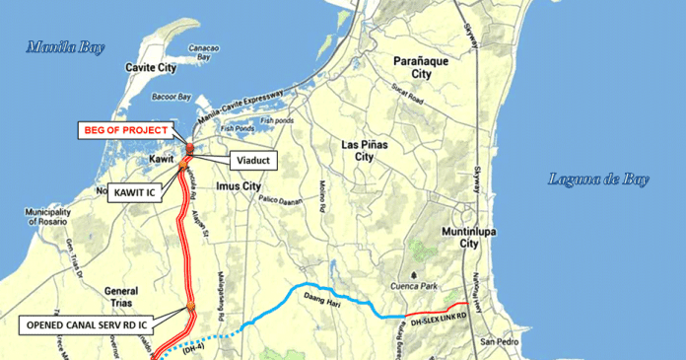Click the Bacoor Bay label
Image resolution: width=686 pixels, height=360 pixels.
coord(171,97)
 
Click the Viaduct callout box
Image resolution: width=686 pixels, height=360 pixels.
coord(252,160)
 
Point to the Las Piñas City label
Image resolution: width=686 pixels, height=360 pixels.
coord(364,151)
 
